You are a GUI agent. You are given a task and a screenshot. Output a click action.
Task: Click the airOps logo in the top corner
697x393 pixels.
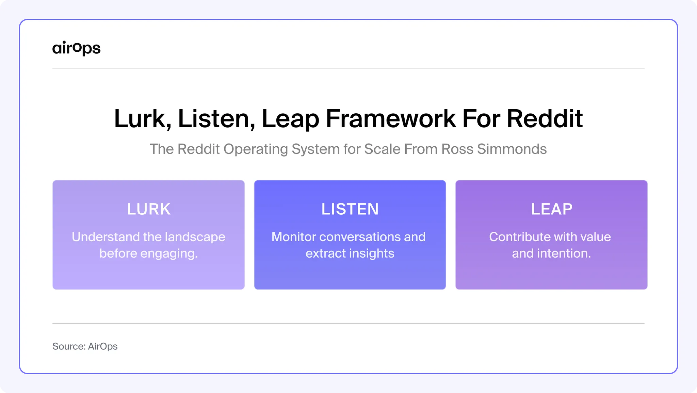(x=76, y=48)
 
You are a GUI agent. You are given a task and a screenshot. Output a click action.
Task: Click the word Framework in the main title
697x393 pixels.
(x=391, y=119)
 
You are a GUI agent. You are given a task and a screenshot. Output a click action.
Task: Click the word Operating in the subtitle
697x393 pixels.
(x=256, y=149)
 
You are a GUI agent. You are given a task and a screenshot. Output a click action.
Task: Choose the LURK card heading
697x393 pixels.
(x=149, y=209)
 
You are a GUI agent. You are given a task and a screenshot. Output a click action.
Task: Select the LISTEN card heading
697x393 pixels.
(x=350, y=209)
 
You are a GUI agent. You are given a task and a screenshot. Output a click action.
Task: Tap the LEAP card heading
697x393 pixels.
(x=552, y=209)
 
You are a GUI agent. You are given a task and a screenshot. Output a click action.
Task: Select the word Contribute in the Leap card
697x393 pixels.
(x=514, y=237)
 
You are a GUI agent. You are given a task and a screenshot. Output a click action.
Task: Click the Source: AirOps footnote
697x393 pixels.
(x=85, y=346)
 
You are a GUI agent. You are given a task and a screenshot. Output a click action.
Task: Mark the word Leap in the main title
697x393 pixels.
(x=290, y=119)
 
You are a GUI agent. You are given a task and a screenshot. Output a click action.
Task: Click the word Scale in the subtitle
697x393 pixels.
(x=382, y=149)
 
